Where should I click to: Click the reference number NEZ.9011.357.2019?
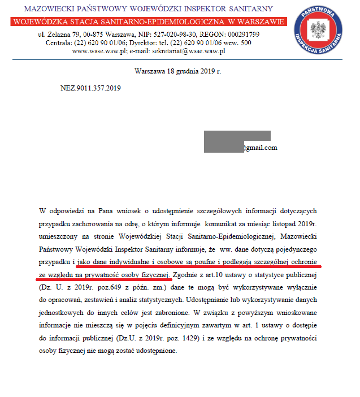coord(90,88)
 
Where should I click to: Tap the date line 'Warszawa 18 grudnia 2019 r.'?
coord(178,72)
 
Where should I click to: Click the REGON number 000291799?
coord(241,34)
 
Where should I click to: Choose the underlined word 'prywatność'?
coord(103,275)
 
